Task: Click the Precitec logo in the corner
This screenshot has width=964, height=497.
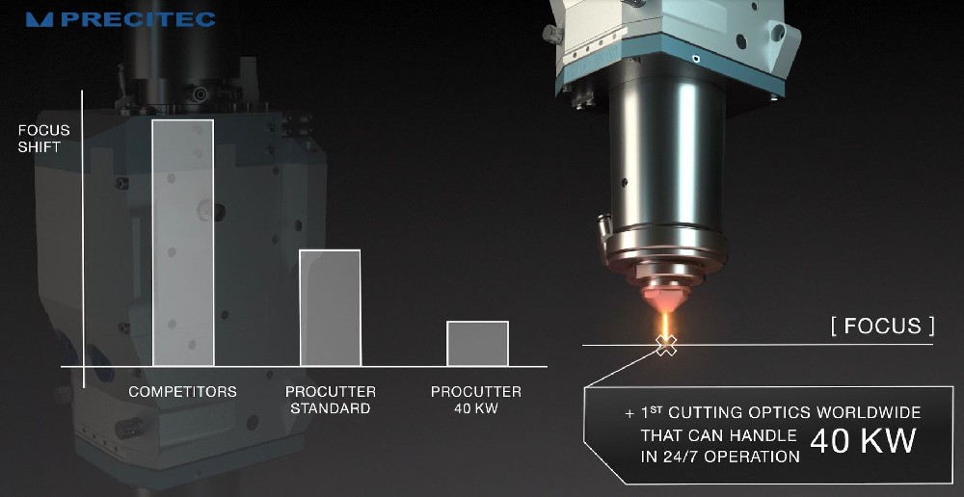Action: (120, 19)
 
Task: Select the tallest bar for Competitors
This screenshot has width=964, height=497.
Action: (182, 242)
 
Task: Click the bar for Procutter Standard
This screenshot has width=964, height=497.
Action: (330, 307)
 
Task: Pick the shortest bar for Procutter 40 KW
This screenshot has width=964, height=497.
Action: (477, 344)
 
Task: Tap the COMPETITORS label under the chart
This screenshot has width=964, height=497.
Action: (182, 392)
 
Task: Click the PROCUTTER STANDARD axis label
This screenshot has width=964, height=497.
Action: (331, 400)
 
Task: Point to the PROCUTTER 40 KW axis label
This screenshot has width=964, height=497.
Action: (476, 400)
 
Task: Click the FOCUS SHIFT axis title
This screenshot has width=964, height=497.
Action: (44, 139)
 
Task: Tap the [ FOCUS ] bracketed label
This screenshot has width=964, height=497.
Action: (882, 326)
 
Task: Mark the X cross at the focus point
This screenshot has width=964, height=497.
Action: (666, 345)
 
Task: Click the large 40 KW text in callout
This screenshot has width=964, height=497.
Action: (862, 440)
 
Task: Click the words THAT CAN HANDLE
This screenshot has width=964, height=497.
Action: (718, 435)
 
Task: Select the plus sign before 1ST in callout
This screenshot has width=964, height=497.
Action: (629, 413)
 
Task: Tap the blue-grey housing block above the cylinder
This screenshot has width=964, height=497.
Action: (675, 48)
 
